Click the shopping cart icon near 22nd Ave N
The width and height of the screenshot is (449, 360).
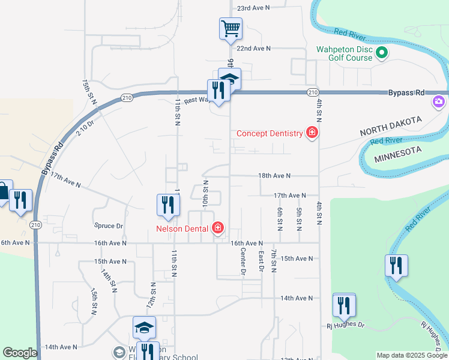click(x=231, y=28)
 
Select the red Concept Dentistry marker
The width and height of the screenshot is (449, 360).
click(x=312, y=133)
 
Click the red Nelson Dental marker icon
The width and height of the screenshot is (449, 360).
click(x=217, y=228)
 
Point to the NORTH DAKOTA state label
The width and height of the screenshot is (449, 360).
click(x=391, y=126)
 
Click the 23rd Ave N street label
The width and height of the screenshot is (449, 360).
click(x=253, y=8)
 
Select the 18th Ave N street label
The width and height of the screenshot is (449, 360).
click(x=274, y=176)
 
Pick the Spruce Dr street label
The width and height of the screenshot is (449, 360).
click(x=109, y=226)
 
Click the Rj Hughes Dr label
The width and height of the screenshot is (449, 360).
click(x=345, y=325)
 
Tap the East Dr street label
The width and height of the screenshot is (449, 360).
click(x=261, y=261)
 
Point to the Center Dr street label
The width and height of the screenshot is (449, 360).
click(x=243, y=262)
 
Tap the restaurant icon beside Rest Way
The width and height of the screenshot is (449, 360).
click(x=216, y=90)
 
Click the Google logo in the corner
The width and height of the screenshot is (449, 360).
click(x=20, y=353)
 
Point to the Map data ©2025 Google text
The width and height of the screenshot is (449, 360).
click(x=411, y=355)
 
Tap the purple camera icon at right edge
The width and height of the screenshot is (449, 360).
click(x=439, y=102)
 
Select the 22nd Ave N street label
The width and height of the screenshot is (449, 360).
click(x=253, y=48)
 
